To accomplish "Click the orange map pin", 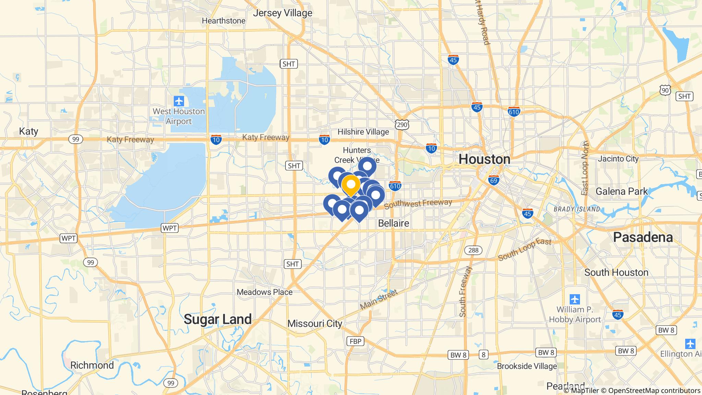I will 351,185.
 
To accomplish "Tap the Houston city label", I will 484,159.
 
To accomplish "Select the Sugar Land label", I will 218,319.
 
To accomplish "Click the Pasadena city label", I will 643,237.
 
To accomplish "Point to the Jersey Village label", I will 282,13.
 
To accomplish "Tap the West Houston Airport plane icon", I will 179,101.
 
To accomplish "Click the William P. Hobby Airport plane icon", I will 575,299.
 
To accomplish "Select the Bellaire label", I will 393,224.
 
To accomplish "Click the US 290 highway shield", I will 401,124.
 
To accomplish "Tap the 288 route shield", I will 473,250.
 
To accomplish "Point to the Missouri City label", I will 315,324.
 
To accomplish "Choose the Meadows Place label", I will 265,292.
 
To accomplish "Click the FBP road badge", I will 355,341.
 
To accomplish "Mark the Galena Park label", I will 621,191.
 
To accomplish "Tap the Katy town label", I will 28,131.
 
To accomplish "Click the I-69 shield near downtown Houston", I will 494,180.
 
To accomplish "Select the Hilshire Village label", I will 363,132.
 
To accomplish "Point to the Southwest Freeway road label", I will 418,204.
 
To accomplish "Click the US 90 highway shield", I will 665,90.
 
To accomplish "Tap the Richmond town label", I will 92,365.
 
